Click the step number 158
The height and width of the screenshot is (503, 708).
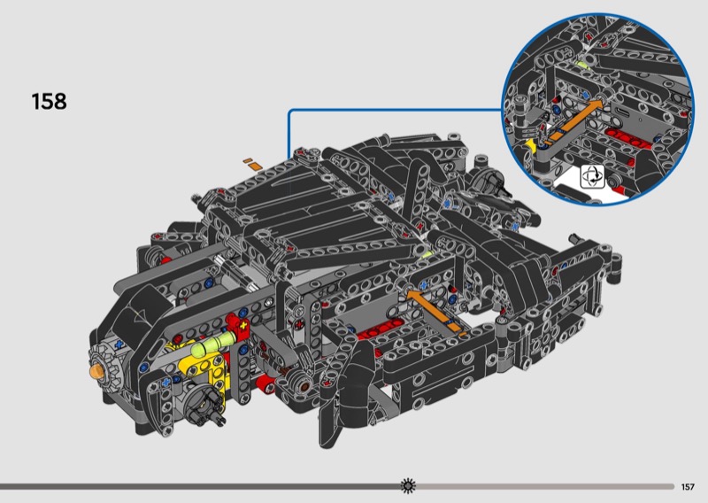pos(49,101)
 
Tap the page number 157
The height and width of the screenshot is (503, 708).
pos(688,487)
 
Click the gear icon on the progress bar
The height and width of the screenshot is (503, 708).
pos(408,486)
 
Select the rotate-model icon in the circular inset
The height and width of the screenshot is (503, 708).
pos(592,177)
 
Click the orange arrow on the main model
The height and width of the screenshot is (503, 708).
pos(435,312)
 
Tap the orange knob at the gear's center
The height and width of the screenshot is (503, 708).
pos(96,371)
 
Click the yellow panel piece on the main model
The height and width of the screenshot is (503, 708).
pos(204,366)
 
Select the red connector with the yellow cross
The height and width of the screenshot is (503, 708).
pos(238,325)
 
